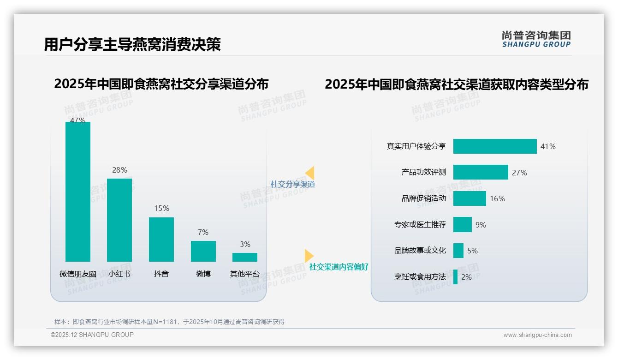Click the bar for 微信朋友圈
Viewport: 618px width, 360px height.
[x=78, y=192]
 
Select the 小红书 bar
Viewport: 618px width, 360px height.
[x=119, y=220]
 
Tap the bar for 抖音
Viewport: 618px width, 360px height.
[x=161, y=239]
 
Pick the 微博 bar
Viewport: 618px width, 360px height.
[x=203, y=251]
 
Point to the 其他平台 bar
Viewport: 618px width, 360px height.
[x=245, y=257]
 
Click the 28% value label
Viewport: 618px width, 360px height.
[x=119, y=170]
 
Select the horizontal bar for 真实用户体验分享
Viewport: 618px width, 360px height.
[x=495, y=146]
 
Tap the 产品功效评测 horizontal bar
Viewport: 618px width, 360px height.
[x=481, y=172]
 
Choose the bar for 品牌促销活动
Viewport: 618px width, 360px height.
[x=469, y=198]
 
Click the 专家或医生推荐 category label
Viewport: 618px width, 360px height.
[x=420, y=225]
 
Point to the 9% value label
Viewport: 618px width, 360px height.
[x=481, y=225]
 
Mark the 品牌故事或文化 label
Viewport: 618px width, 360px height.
[x=420, y=251]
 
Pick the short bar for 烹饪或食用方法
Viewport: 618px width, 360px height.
[x=456, y=277]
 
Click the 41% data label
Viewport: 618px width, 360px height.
[x=548, y=146]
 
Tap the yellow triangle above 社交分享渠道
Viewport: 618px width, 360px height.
[x=310, y=173]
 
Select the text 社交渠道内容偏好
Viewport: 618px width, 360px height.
[x=339, y=267]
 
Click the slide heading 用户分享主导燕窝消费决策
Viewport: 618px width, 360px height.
[x=132, y=44]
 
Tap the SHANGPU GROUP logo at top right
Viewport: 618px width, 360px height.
[x=536, y=39]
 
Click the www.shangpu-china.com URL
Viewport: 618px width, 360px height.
[x=537, y=335]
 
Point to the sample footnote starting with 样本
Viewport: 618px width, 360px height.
[x=169, y=322]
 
